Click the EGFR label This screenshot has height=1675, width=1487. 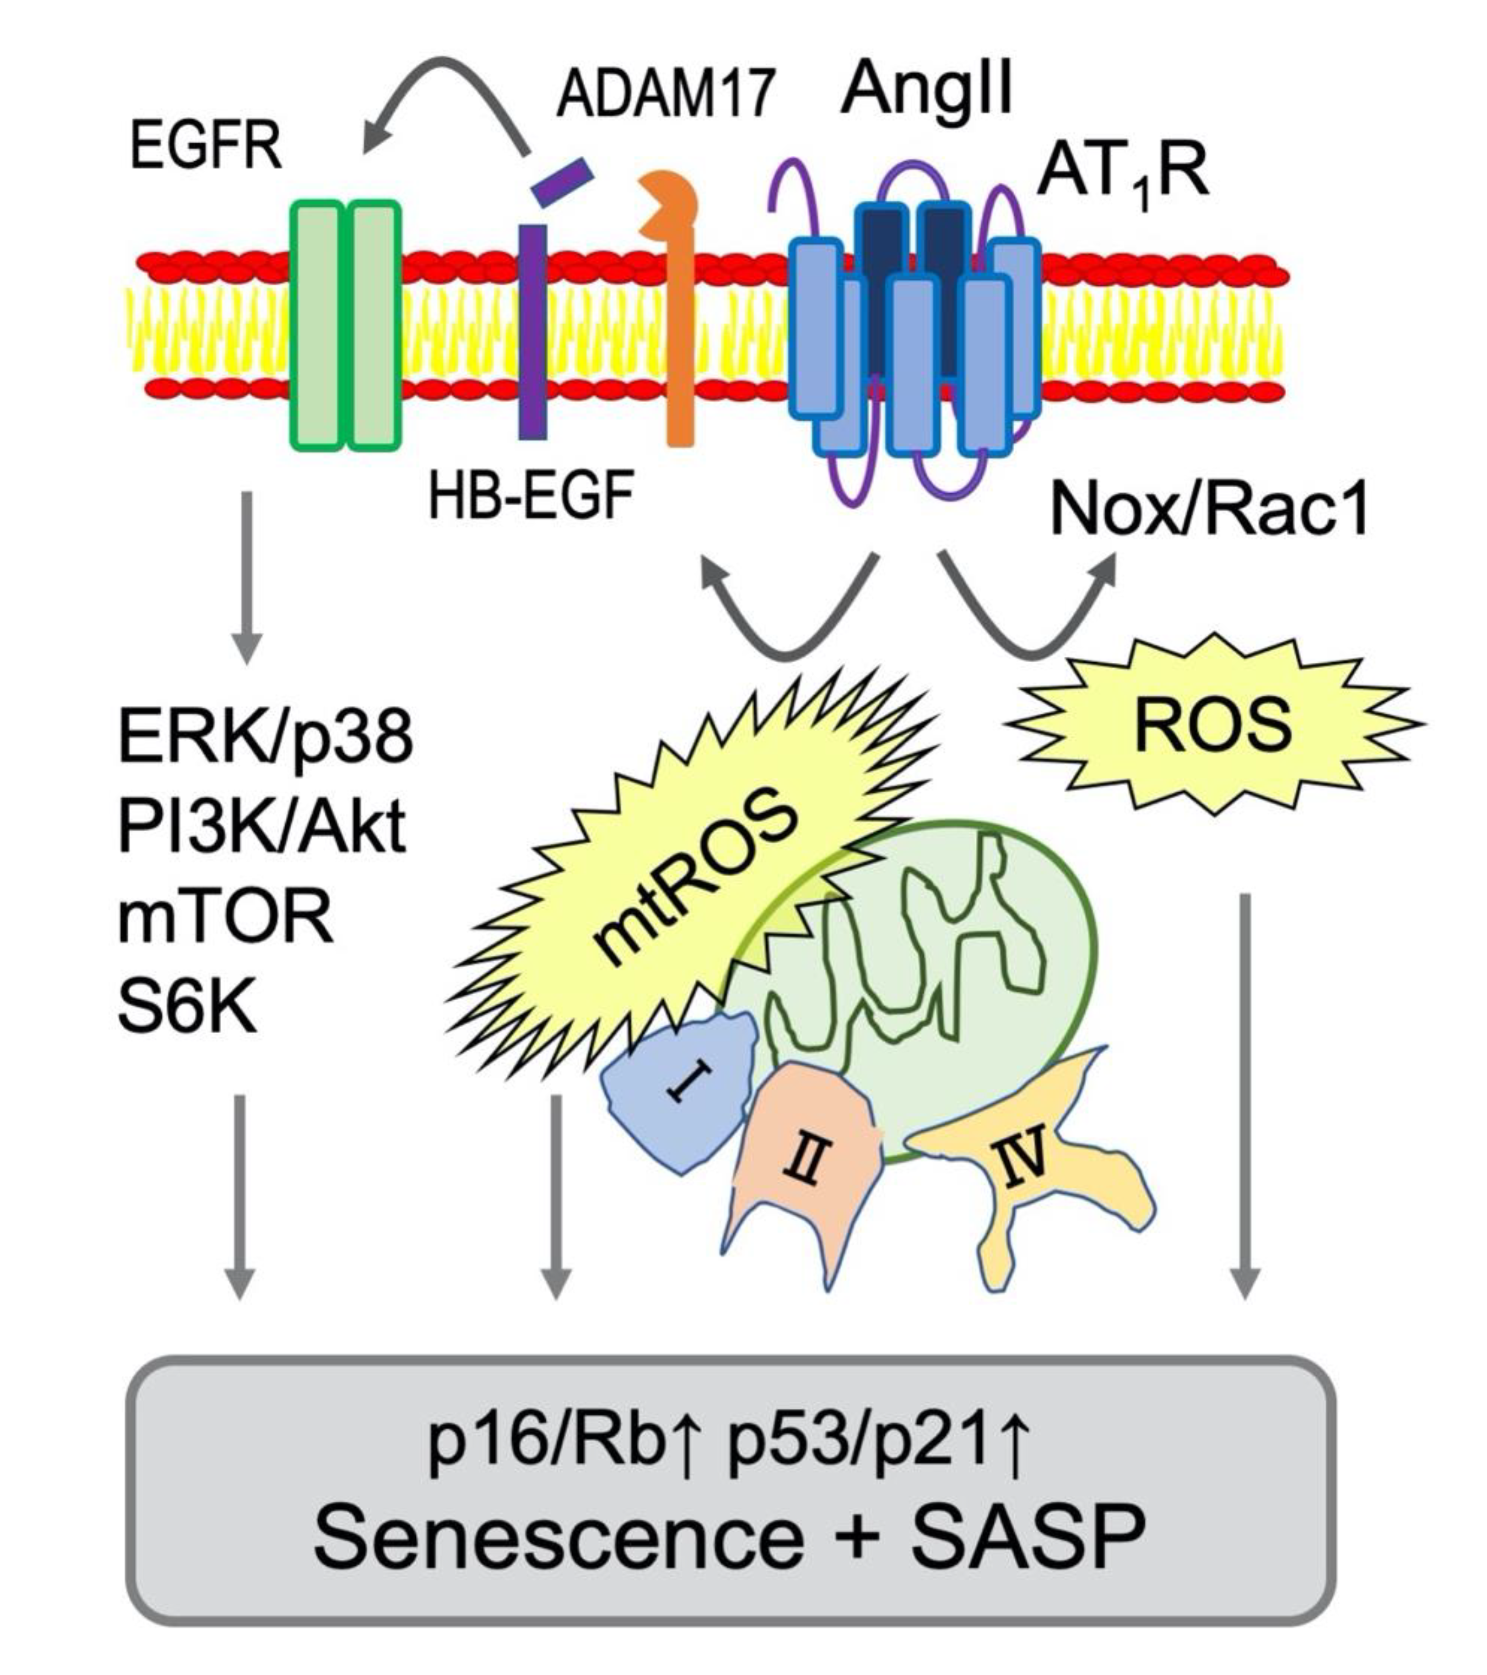coord(206,148)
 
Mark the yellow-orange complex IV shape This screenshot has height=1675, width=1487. coord(1041,1164)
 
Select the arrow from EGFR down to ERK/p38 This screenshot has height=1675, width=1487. coord(247,578)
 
